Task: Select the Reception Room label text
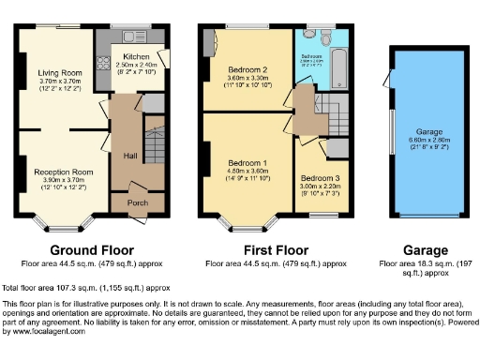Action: [64, 172]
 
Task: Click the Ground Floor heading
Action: [91, 251]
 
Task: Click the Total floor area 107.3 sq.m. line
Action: [86, 288]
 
